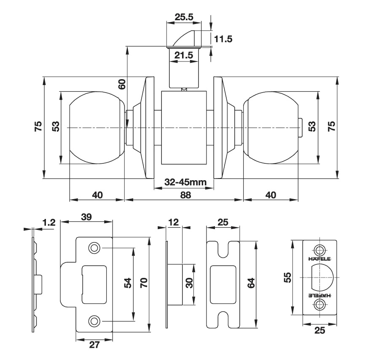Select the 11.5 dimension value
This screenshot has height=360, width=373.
click(x=223, y=39)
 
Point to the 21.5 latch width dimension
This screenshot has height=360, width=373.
click(x=184, y=55)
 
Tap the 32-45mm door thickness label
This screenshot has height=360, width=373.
click(x=185, y=182)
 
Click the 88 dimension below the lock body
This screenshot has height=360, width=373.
click(x=185, y=195)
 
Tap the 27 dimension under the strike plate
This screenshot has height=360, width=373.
click(x=94, y=345)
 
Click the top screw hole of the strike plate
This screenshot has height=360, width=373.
click(x=94, y=248)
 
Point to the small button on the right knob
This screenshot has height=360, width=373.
click(x=300, y=128)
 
